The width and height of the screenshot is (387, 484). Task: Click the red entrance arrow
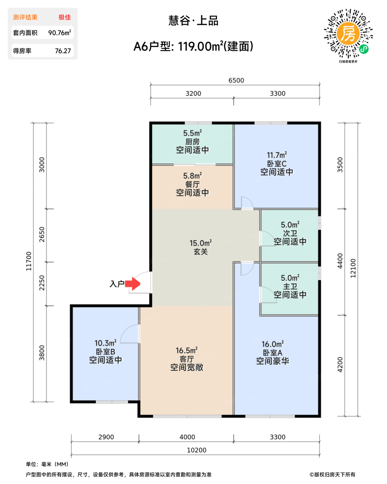[x=132, y=283]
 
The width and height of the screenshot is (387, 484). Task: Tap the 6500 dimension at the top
[x=236, y=80]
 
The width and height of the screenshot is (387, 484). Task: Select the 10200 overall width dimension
[x=197, y=450]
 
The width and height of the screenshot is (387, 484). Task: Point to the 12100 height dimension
[x=353, y=268]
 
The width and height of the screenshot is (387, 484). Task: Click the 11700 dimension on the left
[x=29, y=261]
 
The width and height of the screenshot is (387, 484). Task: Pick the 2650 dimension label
[x=42, y=234]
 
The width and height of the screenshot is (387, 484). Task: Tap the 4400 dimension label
[x=340, y=261]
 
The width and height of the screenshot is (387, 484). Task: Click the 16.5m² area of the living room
[x=187, y=350]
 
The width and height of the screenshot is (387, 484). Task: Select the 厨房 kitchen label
[x=192, y=142]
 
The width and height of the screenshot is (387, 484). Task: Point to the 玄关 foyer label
[x=200, y=251]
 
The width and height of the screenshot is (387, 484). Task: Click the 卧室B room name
[x=105, y=352]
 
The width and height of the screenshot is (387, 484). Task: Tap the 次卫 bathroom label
[x=290, y=233]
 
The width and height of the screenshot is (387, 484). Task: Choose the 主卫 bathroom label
[x=290, y=286]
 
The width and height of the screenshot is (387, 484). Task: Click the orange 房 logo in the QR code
[x=348, y=33]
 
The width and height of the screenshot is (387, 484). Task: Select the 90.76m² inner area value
[x=59, y=32]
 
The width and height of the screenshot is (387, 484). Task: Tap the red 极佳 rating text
[x=65, y=17]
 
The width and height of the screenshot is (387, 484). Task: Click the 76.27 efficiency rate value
[x=63, y=51]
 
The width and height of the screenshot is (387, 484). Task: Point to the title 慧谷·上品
[x=193, y=21]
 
